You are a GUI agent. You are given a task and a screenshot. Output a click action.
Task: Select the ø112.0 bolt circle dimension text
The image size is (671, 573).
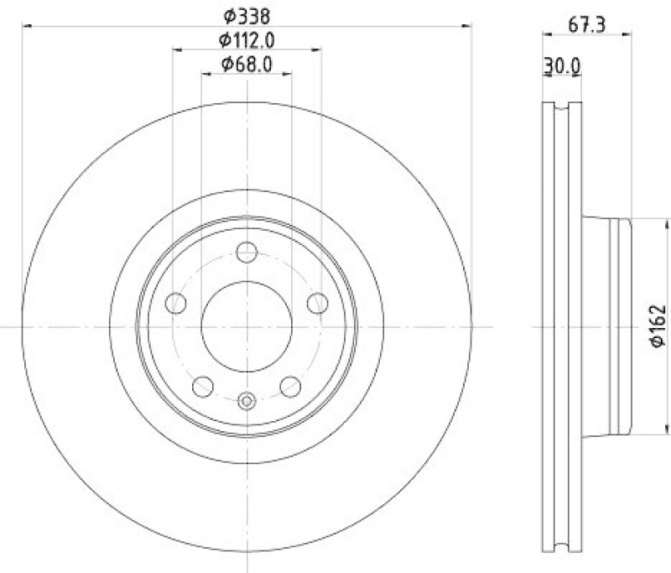click(247, 39)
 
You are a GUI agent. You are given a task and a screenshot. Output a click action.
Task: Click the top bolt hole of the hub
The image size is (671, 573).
click(247, 252)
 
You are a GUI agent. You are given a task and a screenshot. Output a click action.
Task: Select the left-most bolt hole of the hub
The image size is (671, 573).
click(177, 303)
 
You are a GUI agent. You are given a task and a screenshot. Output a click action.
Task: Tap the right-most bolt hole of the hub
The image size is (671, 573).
click(317, 303)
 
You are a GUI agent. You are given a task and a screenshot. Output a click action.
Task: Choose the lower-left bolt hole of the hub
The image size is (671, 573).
click(203, 386)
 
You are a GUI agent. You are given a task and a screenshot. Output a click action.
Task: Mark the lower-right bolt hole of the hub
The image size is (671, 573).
click(290, 386)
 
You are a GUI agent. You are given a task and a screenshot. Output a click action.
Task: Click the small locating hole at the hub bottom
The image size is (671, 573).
click(247, 401)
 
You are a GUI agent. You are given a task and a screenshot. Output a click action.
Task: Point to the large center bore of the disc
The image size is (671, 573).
click(247, 326)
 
